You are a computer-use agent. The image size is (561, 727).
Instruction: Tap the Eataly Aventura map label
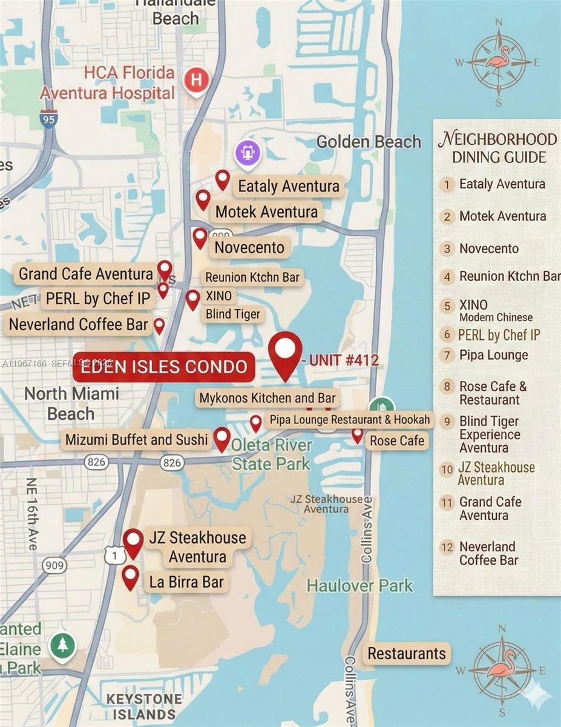point(289,186)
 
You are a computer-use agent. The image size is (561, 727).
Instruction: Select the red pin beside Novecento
point(200,237)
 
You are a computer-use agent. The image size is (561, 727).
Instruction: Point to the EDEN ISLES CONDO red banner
point(164,367)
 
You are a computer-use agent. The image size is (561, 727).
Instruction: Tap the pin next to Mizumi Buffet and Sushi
point(222,438)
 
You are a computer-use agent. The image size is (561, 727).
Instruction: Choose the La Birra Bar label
point(186,583)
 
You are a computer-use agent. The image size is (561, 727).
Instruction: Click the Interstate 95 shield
point(48,118)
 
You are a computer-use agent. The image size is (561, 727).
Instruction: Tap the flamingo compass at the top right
point(499,61)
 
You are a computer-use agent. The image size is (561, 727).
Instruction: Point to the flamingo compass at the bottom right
point(500,670)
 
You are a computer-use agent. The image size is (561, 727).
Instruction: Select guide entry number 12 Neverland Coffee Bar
point(488,554)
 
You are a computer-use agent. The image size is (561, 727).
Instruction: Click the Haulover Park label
point(359,586)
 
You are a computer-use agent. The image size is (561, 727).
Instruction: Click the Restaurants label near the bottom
point(407,654)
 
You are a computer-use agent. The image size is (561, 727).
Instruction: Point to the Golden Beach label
point(369,142)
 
